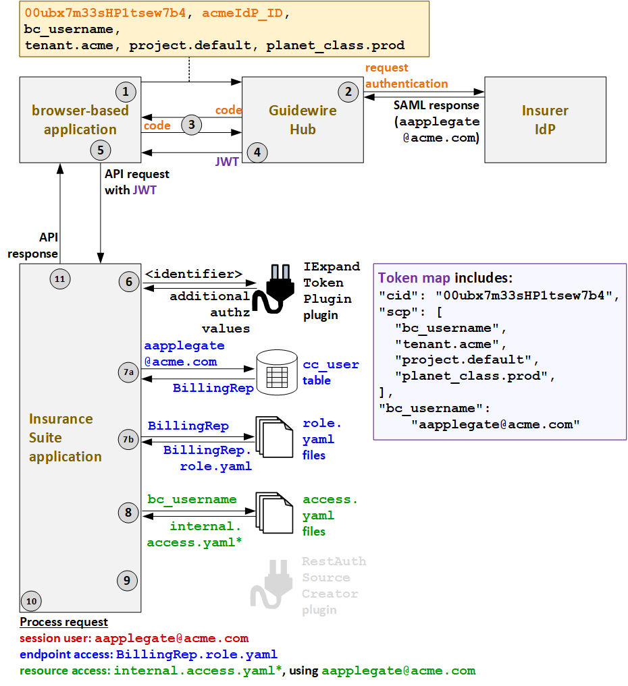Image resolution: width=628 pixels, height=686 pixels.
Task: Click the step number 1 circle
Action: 125,91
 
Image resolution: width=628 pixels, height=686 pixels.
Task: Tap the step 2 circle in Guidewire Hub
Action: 348,92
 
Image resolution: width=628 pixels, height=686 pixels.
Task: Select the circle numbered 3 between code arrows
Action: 192,124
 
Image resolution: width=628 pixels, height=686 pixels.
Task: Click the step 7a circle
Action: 128,372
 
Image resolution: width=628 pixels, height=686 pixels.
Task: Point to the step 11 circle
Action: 60,278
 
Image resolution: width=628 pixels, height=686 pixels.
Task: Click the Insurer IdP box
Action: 545,119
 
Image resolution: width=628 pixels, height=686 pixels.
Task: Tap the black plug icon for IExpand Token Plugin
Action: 277,289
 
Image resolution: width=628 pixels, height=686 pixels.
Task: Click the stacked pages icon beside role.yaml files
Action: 273,438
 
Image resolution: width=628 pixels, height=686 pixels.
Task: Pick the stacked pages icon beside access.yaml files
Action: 273,514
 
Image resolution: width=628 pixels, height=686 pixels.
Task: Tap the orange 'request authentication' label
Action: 406,76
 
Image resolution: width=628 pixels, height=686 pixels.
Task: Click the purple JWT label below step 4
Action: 227,163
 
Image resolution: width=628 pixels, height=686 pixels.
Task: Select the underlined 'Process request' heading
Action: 63,622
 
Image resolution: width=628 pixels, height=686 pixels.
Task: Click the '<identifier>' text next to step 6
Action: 193,274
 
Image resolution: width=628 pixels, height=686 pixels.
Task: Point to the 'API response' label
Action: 33,246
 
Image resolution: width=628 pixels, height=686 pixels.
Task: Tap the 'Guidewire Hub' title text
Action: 302,119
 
